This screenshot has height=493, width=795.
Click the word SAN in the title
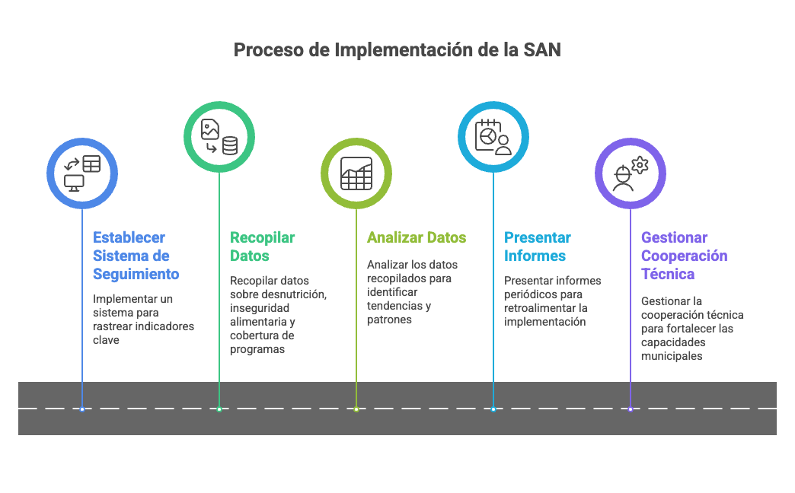click(x=542, y=50)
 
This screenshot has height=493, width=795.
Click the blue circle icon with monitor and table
click(x=82, y=173)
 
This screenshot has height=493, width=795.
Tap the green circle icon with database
click(x=219, y=137)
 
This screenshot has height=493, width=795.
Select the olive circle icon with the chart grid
click(x=356, y=173)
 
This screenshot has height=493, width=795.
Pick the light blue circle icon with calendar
click(x=493, y=137)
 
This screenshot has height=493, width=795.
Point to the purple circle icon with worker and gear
click(x=631, y=173)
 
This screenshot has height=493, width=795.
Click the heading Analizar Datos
click(x=416, y=237)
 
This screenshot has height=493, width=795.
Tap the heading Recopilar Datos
click(x=262, y=247)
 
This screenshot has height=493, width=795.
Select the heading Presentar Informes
click(x=537, y=247)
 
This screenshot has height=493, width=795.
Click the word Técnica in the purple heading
click(x=667, y=274)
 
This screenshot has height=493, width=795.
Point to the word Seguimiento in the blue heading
click(x=136, y=274)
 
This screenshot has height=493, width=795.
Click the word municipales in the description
click(x=672, y=355)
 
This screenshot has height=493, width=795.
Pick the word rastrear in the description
click(x=115, y=326)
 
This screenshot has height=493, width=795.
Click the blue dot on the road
click(x=82, y=409)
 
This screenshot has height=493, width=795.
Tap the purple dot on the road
click(x=631, y=409)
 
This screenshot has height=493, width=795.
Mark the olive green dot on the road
click(x=356, y=409)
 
